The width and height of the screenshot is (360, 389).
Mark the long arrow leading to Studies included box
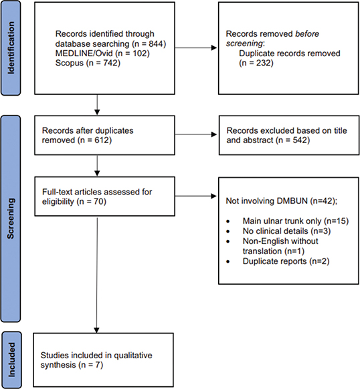click(98, 274)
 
